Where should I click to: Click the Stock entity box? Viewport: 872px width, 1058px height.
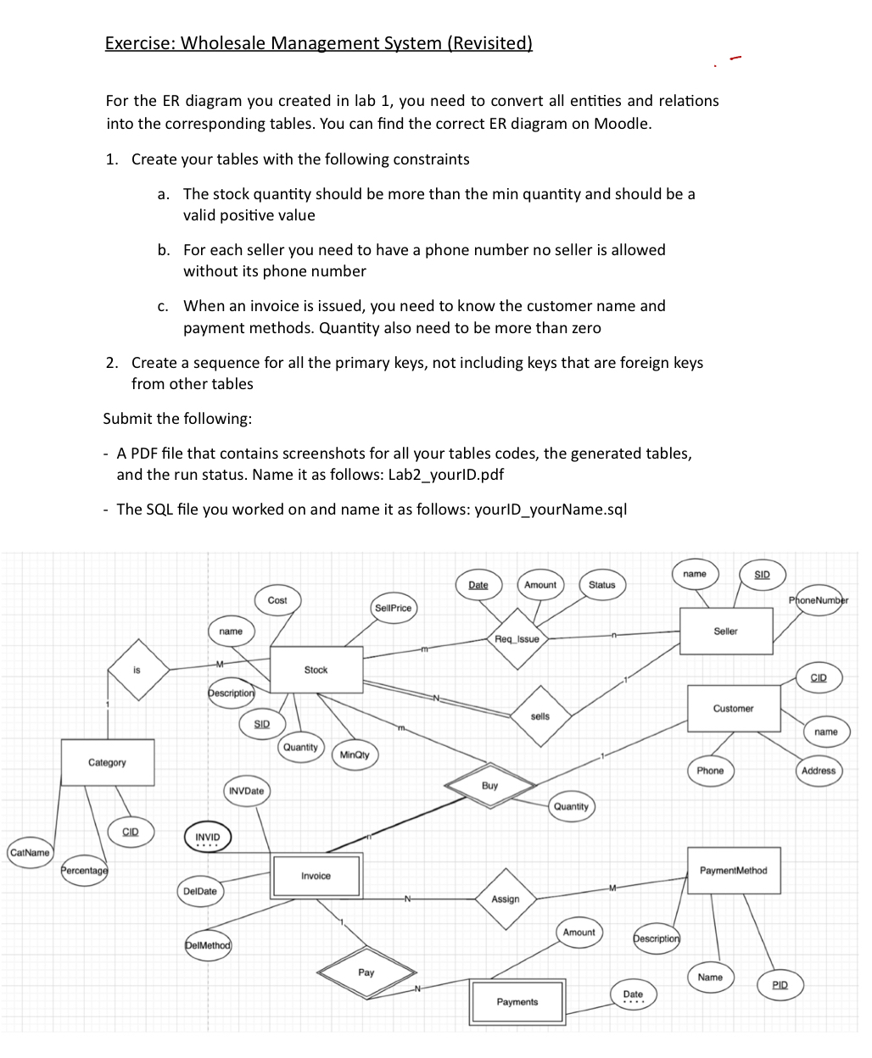(316, 670)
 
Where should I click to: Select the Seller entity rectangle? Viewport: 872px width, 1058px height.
(725, 632)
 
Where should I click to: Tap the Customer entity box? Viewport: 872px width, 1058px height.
(733, 709)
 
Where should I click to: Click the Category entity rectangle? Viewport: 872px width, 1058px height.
(107, 763)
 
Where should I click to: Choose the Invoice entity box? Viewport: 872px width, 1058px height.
(316, 876)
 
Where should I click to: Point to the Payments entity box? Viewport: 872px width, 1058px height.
(517, 1002)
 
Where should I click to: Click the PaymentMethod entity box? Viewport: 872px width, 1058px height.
(733, 871)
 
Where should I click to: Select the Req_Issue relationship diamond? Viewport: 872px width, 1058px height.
(517, 639)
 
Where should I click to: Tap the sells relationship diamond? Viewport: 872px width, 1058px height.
(539, 717)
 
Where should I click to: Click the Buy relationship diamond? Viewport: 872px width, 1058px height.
(489, 787)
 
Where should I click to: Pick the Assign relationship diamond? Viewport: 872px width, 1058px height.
(506, 899)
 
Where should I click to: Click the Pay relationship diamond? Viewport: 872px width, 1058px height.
(366, 973)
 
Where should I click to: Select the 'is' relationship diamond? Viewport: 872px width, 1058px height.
(137, 671)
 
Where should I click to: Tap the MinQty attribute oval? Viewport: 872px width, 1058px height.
(355, 755)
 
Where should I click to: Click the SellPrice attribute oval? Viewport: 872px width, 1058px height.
(393, 608)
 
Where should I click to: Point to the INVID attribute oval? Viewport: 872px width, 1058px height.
(207, 838)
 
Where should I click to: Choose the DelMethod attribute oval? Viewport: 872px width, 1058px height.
(208, 945)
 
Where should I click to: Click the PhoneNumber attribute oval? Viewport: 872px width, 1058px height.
(818, 600)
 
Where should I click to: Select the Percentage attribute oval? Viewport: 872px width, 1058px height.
(85, 871)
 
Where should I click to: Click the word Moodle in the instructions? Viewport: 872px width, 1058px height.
(621, 124)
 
